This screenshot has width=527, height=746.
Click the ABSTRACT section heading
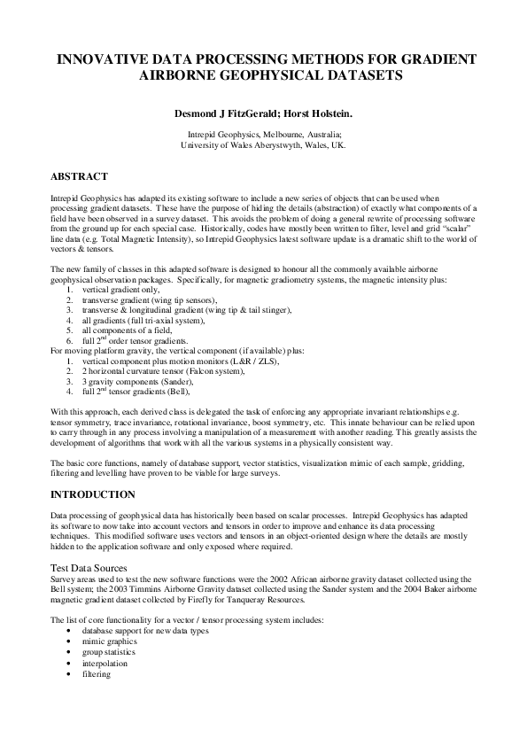[79, 176]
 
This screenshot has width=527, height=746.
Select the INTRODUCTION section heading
[93, 493]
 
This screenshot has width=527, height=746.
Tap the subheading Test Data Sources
[92, 566]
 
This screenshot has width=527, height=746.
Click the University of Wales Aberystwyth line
[263, 144]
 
